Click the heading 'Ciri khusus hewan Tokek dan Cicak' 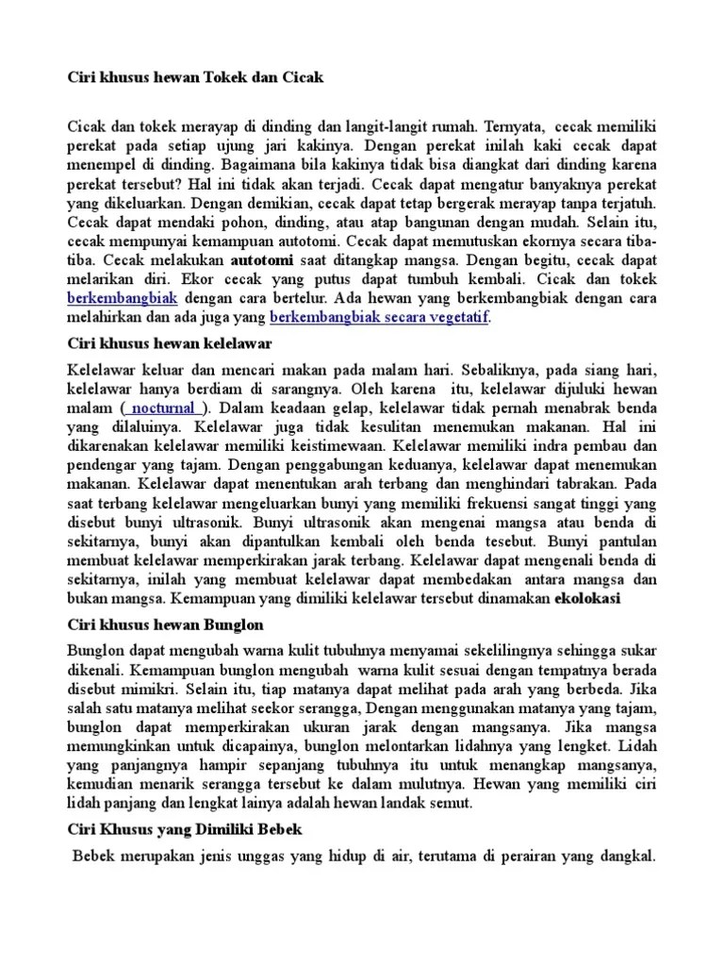click(195, 77)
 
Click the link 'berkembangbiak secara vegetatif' click(379, 318)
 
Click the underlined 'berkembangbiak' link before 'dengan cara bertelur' click(123, 298)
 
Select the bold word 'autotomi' click(262, 258)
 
